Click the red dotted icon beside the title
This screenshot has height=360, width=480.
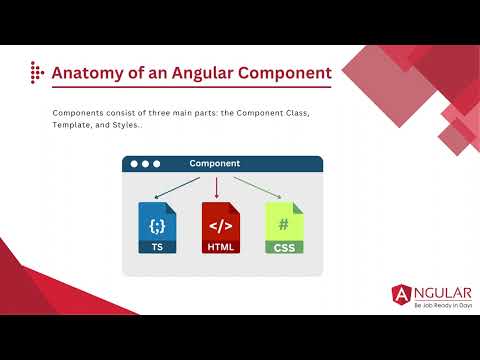tap(37, 73)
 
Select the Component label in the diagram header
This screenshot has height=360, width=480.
tap(213, 163)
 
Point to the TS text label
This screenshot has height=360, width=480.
tap(156, 246)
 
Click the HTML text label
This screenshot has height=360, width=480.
tap(220, 246)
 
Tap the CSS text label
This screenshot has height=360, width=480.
tap(284, 246)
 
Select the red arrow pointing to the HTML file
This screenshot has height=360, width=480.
tap(217, 187)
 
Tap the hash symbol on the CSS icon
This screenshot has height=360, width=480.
tap(284, 225)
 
